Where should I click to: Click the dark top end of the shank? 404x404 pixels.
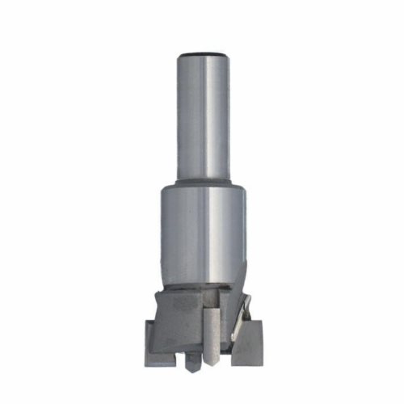[x=203, y=54]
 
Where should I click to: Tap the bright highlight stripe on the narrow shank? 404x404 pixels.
[x=213, y=113]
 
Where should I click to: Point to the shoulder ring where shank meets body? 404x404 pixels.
[x=203, y=183]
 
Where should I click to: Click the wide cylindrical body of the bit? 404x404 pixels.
[x=202, y=234]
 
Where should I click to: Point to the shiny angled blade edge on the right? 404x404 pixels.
[x=242, y=319]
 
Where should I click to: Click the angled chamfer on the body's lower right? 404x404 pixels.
[x=238, y=275]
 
